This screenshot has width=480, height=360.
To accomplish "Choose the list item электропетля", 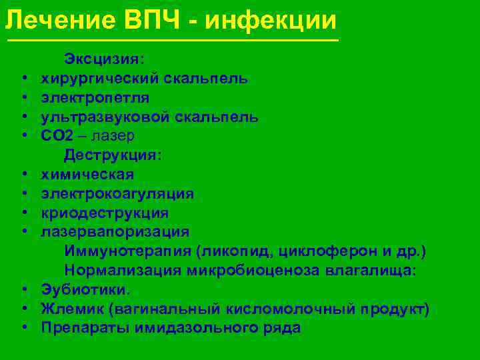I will pyautogui.click(x=95, y=98).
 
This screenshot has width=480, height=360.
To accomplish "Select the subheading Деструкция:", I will pyautogui.click(x=113, y=155).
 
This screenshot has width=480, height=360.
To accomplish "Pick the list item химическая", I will pyautogui.click(x=87, y=175).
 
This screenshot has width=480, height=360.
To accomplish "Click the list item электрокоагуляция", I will pyautogui.click(x=117, y=194).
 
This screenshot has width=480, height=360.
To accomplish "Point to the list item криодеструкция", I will pyautogui.click(x=105, y=213).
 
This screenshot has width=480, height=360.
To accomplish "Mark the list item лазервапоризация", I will pyautogui.click(x=115, y=232).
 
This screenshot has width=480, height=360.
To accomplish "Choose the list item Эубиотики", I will pyautogui.click(x=86, y=290).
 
